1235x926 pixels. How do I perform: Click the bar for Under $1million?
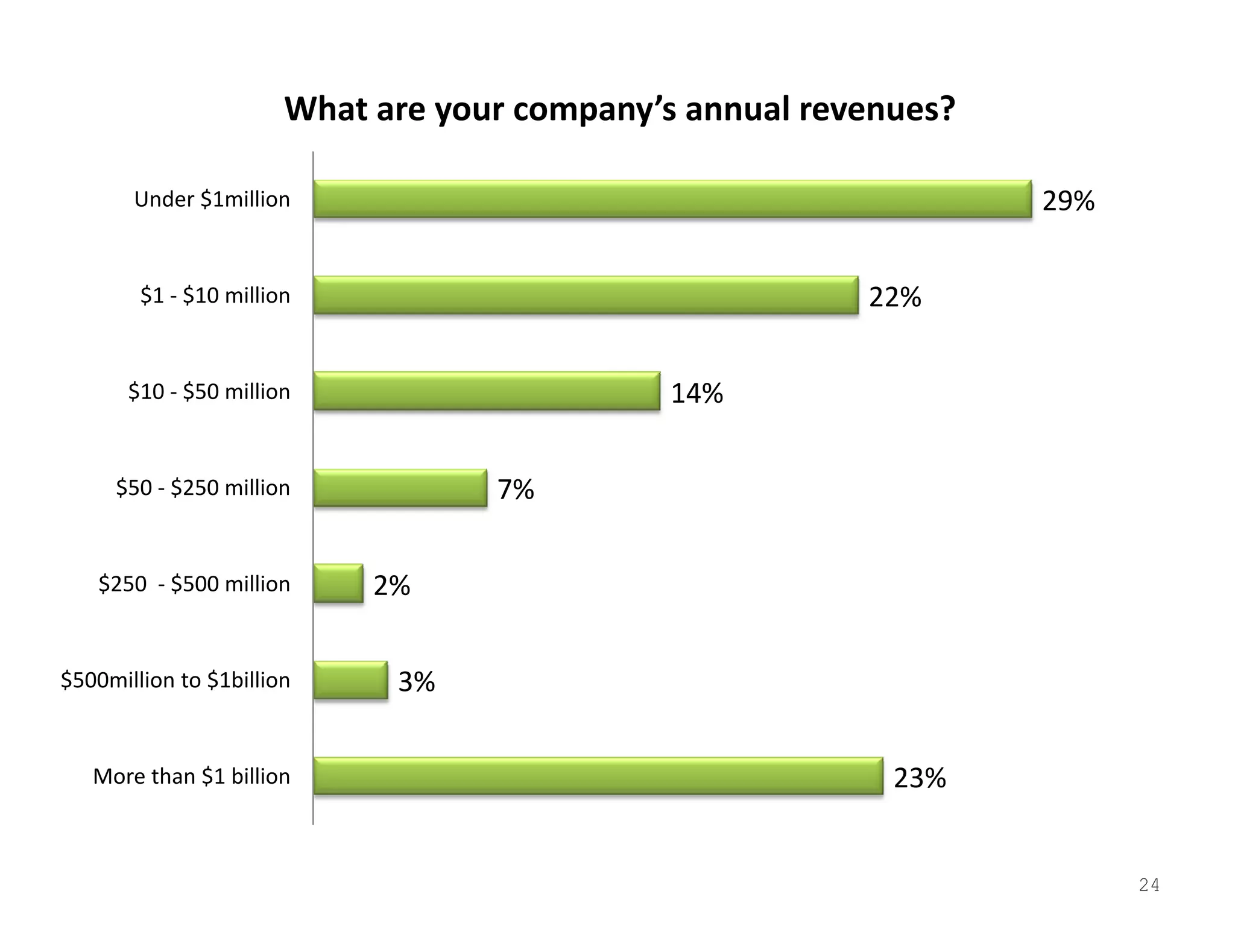coord(672,199)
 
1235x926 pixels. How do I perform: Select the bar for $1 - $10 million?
coord(586,295)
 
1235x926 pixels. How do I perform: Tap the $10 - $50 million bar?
coord(487,391)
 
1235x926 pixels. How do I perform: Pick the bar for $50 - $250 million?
coord(400,488)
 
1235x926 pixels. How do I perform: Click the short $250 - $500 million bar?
coord(338,584)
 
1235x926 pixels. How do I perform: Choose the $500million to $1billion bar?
coord(350,680)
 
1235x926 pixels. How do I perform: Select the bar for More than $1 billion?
coord(598,776)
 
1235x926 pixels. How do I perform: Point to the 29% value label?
coord(1068,201)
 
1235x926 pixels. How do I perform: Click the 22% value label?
coord(895,297)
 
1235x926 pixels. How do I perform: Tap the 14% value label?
coord(697,393)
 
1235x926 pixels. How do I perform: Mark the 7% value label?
coord(516,489)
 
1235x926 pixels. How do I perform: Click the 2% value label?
coord(392,585)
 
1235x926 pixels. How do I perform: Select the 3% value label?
coord(417,682)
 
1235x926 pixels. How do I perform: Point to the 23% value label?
coord(920,778)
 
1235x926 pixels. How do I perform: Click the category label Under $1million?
coord(212,199)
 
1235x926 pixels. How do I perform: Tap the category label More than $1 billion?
coord(191,776)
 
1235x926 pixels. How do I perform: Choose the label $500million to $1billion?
coord(175,680)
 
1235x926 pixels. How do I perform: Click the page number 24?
coord(1149,885)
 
